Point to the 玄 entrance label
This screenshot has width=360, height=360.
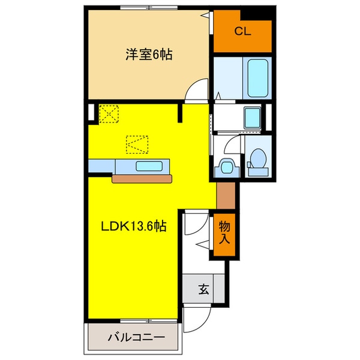[204, 290]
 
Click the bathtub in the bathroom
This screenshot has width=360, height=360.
[259, 77]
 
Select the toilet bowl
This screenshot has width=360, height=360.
[259, 160]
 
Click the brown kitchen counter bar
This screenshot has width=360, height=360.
[142, 178]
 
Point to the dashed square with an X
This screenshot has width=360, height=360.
[110, 113]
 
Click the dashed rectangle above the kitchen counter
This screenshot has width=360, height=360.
[136, 145]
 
